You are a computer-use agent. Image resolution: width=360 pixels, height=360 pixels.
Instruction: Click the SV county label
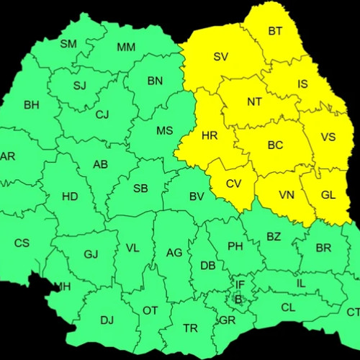(221, 56)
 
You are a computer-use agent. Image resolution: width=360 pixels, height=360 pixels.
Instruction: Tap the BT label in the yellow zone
(275, 31)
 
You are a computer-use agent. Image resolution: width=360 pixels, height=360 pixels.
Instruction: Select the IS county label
(302, 84)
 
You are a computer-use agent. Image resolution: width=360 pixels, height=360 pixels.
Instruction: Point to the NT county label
(254, 102)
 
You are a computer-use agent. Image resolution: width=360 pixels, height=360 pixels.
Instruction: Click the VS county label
(328, 137)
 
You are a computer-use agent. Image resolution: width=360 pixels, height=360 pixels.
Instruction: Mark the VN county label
(287, 194)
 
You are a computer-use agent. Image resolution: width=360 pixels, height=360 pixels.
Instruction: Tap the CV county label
(233, 184)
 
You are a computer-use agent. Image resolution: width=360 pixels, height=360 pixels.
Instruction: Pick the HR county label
(210, 135)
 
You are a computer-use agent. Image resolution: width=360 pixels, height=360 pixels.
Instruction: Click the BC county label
(275, 145)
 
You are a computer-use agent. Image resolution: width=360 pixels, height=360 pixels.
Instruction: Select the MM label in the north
(126, 48)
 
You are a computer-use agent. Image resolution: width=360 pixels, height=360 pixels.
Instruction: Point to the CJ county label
(102, 114)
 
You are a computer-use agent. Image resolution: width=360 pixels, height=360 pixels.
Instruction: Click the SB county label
(140, 189)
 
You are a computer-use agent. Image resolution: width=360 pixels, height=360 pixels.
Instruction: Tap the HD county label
(70, 196)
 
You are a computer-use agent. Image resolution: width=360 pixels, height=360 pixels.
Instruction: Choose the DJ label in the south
(107, 320)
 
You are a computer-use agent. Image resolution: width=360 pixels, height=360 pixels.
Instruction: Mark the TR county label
(190, 328)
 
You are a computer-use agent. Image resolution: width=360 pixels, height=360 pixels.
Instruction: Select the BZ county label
(274, 236)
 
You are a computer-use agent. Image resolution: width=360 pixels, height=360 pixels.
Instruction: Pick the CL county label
(288, 307)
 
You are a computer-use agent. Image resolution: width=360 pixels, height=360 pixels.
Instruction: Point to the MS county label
(165, 130)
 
